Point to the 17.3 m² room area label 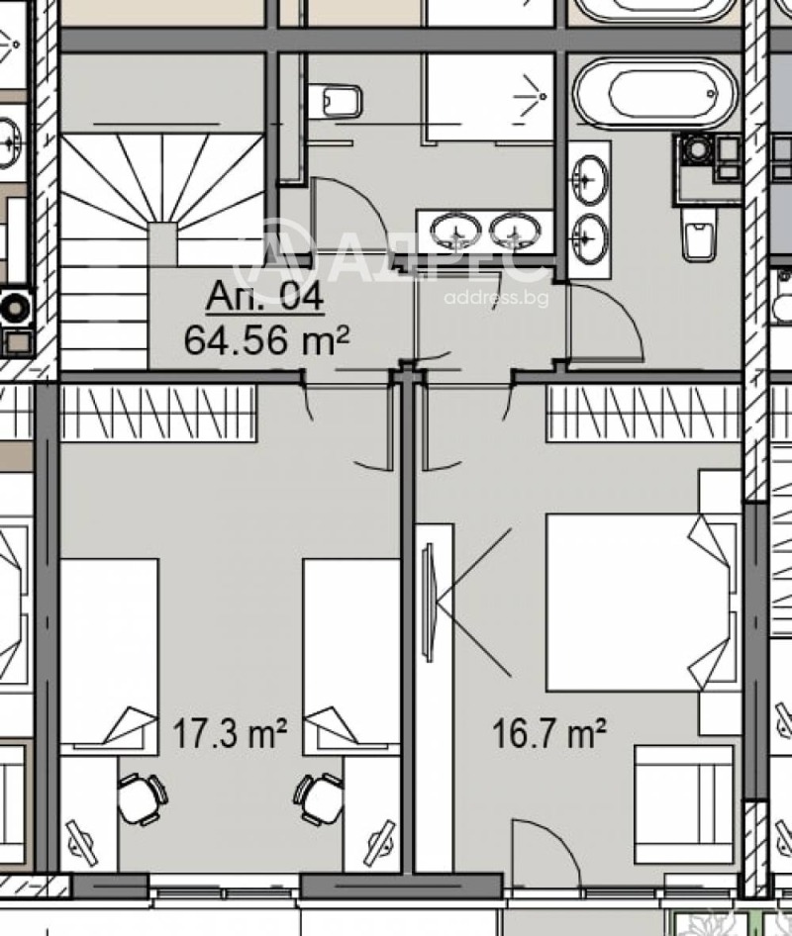pos(230,734)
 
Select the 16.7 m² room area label pos(549,734)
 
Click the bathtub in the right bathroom pos(655,94)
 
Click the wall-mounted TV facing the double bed pos(429,601)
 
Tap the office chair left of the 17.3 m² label pos(142,797)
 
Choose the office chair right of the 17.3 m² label pos(319,797)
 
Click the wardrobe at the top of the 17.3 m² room pos(158,414)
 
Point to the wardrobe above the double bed pos(643,414)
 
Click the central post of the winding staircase pos(162,243)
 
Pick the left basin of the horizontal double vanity pos(456,232)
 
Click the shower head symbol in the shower pos(540,96)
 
